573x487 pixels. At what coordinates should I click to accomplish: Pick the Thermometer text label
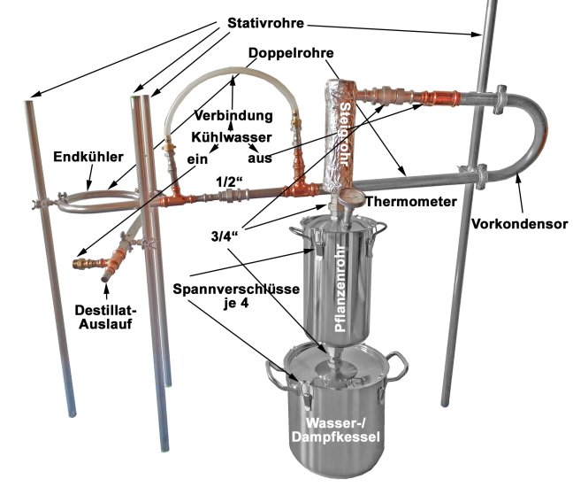tap(418, 201)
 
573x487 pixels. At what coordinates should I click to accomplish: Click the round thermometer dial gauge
tap(344, 195)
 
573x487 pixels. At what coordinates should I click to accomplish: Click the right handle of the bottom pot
tap(399, 363)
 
